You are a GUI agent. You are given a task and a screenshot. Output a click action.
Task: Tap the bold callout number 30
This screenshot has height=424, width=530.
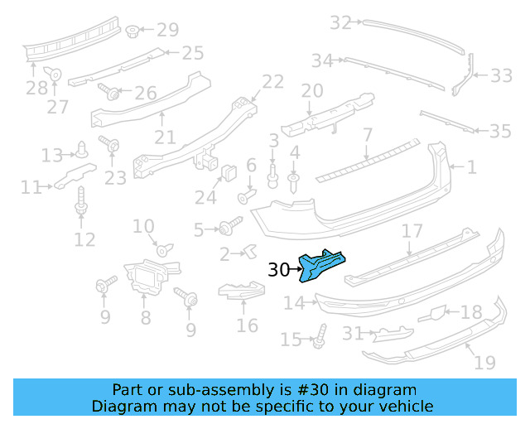pyautogui.click(x=278, y=269)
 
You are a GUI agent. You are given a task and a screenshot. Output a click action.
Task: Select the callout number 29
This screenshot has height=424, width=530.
pyautogui.click(x=167, y=31)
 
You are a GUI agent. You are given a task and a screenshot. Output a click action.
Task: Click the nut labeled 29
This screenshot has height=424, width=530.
pyautogui.click(x=132, y=31)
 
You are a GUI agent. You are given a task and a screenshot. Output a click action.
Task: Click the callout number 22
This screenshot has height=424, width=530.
pyautogui.click(x=272, y=81)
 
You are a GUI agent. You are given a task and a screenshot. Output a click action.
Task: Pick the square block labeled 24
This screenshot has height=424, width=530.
pyautogui.click(x=225, y=172)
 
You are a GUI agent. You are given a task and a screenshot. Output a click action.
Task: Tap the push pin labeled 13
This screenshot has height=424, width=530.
pyautogui.click(x=83, y=151)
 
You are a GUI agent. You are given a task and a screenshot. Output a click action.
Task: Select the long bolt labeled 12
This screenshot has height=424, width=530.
pyautogui.click(x=82, y=202)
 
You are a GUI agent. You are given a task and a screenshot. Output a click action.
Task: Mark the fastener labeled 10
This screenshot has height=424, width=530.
pyautogui.click(x=161, y=248)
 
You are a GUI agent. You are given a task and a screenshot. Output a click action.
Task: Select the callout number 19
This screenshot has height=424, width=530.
pyautogui.click(x=485, y=363)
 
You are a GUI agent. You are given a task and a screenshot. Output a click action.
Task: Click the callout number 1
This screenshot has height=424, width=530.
pyautogui.click(x=471, y=167)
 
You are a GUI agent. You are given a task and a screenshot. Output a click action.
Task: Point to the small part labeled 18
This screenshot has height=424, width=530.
pyautogui.click(x=435, y=314)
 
